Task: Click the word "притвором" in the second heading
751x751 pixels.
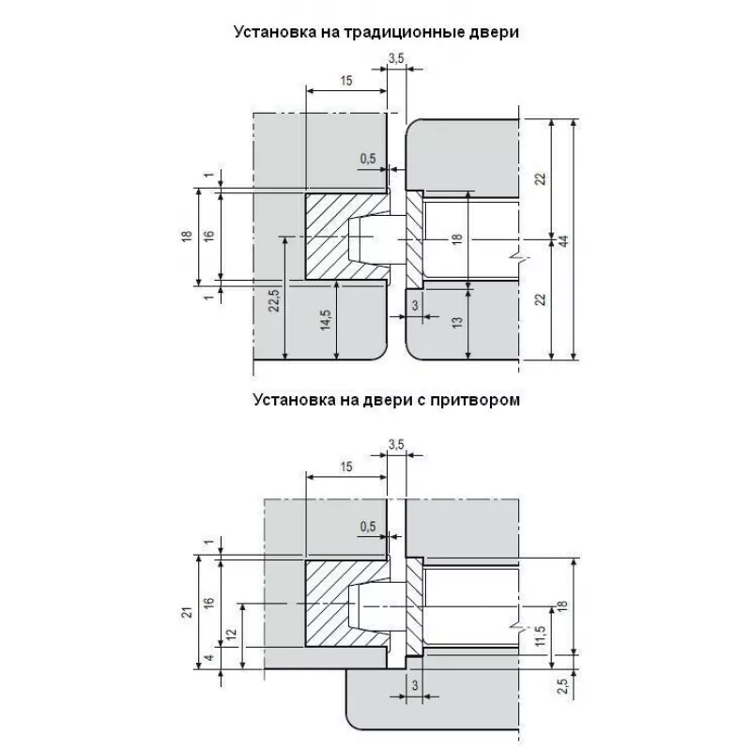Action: pos(476,399)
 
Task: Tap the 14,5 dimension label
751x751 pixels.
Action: pos(324,318)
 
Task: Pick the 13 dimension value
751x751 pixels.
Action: pos(456,322)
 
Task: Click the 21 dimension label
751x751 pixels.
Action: pos(188,613)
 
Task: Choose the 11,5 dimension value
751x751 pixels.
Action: pos(538,636)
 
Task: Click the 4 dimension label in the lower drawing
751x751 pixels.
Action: pos(208,658)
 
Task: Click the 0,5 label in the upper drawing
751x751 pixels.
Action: pos(367,159)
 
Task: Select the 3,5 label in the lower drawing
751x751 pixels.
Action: pos(395,445)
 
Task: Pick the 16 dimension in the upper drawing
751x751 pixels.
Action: pos(208,237)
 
